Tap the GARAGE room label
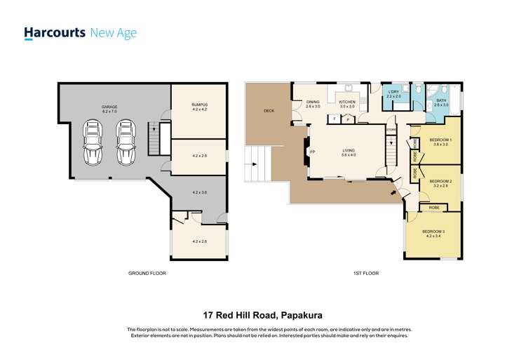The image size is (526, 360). pos(111,109)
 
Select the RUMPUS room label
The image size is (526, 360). pos(199,107)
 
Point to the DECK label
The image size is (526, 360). pos(269,111)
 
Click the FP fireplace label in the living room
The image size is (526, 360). pos(312,152)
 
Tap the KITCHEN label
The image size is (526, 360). pos(347,102)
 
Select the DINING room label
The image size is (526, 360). pos(313,104)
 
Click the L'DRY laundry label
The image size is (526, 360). pos(393,93)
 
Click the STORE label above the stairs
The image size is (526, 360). pos(391,129)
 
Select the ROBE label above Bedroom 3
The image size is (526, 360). pos(434,208)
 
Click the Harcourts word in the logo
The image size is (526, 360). pos(55,32)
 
